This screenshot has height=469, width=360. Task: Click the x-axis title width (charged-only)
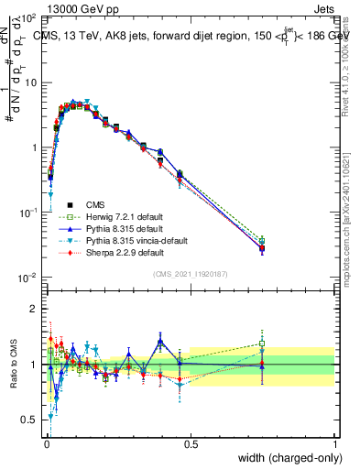pos(287,457)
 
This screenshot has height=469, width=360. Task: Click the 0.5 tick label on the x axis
pos(191,444)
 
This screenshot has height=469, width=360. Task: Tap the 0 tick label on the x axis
pos(47,444)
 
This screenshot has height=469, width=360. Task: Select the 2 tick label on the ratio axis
pos(36,309)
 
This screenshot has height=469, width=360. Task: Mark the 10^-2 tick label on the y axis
pos(30,278)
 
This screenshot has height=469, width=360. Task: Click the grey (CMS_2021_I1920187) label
pos(190,274)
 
